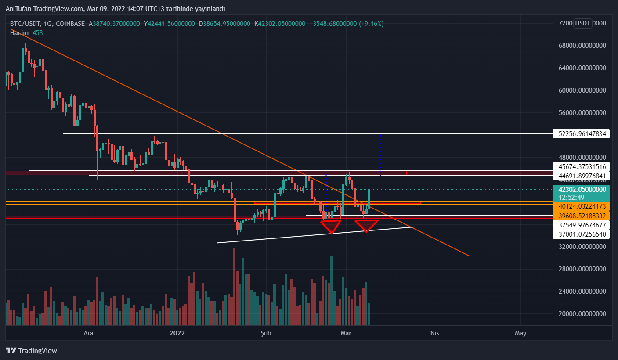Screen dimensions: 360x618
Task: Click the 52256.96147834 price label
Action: (582, 133)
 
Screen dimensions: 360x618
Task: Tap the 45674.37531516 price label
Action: (582, 167)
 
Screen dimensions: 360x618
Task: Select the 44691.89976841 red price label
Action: (582, 176)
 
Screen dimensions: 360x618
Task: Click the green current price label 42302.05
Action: (582, 190)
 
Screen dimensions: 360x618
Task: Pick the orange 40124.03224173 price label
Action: (582, 206)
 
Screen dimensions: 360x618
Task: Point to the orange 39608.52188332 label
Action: (582, 216)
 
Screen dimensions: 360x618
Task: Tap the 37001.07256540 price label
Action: (582, 234)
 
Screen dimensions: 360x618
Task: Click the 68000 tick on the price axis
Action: (582, 46)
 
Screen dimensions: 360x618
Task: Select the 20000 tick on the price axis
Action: (582, 314)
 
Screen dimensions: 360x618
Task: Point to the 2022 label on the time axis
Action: (178, 333)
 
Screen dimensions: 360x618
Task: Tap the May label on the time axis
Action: (520, 333)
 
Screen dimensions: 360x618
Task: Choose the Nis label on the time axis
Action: (434, 333)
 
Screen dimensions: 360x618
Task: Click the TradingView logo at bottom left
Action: (31, 350)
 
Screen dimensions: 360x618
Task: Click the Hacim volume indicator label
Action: (19, 33)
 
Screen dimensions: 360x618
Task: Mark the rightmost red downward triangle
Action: (367, 225)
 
